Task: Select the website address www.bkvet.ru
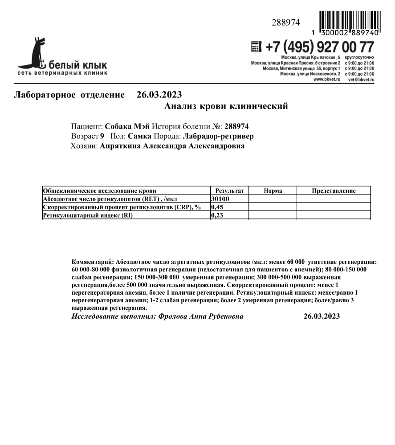coord(327,79)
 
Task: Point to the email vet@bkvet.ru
coord(361,79)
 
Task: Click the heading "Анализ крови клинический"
coord(226,106)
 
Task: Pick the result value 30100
coord(220,199)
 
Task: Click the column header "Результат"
coord(229,191)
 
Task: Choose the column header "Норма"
coord(273,191)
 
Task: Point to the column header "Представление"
coord(334,191)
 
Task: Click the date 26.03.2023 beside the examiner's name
coord(322,316)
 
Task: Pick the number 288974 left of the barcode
coord(286,23)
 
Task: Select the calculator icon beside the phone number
coord(256,46)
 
